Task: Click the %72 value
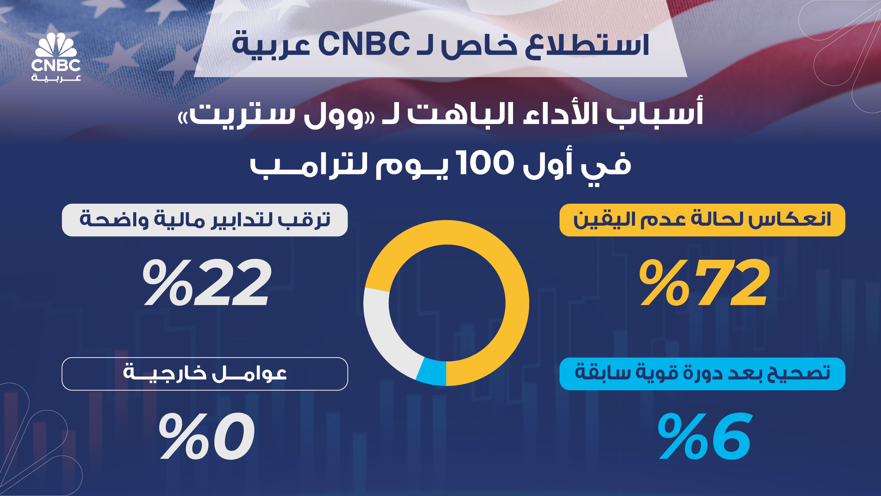click(704, 282)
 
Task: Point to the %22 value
click(207, 282)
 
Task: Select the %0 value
click(207, 436)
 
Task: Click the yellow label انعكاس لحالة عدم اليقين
click(702, 220)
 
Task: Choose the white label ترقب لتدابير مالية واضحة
click(204, 220)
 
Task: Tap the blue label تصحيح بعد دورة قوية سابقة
click(702, 374)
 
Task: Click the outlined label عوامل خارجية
click(204, 374)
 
